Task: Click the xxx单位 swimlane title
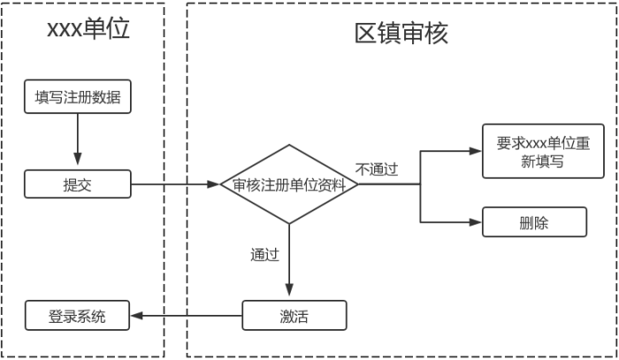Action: pos(88,30)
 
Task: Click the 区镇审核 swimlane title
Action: pos(401,33)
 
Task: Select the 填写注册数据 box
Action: pos(78,97)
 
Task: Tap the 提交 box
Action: pos(78,185)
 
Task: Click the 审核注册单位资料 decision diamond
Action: pos(288,185)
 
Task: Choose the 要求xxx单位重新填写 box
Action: pos(534,152)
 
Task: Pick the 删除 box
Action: pos(534,222)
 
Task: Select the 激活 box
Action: pos(294,316)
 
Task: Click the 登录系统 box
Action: pos(77,316)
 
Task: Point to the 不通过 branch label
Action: pos(377,169)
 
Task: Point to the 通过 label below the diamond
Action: pos(264,255)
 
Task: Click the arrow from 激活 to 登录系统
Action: pos(186,316)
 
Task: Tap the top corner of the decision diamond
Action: pos(288,146)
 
